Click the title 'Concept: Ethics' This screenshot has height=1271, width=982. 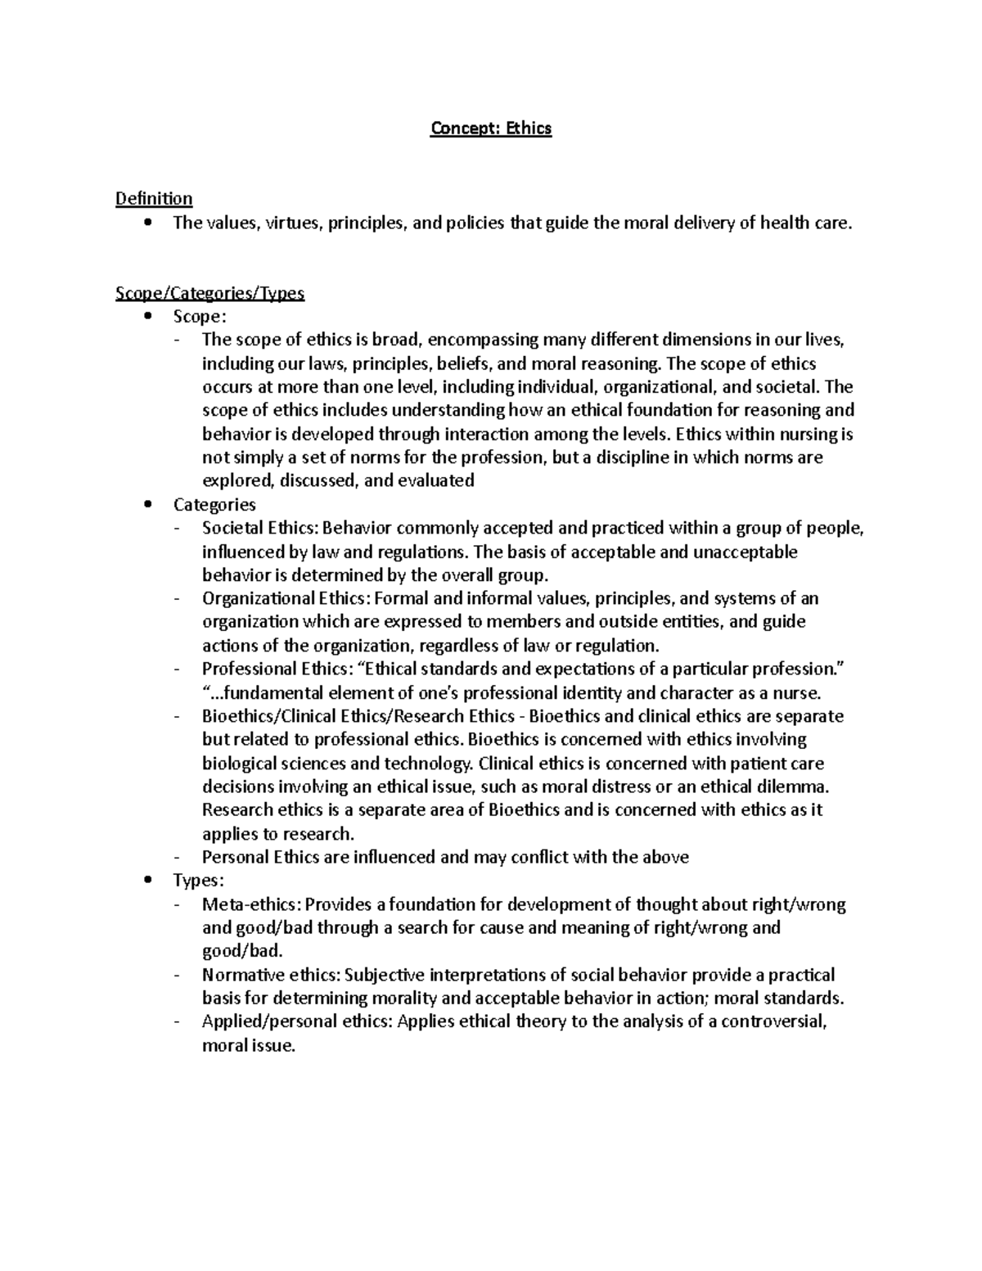(491, 128)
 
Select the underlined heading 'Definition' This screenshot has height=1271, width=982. (154, 198)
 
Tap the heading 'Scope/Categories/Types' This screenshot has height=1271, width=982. (210, 293)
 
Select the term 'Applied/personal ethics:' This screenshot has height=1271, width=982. (297, 1021)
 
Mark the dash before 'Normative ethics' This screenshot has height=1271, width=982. (178, 976)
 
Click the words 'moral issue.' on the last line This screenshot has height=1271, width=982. (247, 1045)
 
